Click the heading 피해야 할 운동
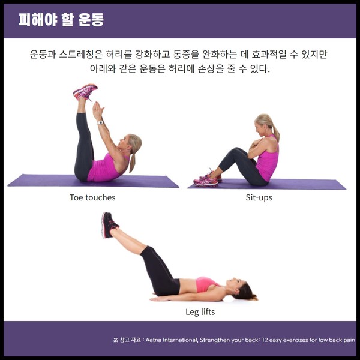(x=61, y=20)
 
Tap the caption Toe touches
(x=92, y=197)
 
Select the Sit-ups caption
(x=259, y=197)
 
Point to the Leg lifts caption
(x=200, y=312)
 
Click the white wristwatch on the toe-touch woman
(x=100, y=122)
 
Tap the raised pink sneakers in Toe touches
(x=85, y=92)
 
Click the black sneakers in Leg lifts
(x=109, y=224)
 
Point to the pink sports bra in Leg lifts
(x=206, y=284)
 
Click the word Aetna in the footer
(x=153, y=340)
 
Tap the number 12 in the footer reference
(x=265, y=340)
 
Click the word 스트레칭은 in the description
(x=80, y=54)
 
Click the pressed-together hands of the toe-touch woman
(x=98, y=110)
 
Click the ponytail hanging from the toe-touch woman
(x=133, y=163)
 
